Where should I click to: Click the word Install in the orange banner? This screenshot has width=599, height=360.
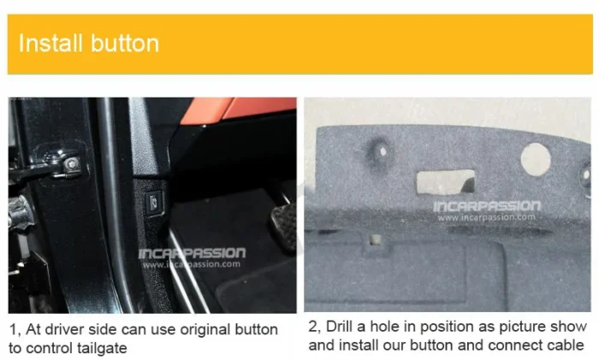tap(50, 43)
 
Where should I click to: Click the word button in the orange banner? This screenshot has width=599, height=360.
tap(125, 43)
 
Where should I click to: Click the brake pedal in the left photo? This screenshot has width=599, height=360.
tap(284, 225)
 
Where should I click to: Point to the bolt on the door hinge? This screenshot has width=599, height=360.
tap(71, 164)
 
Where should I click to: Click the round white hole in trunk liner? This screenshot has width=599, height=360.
tap(536, 159)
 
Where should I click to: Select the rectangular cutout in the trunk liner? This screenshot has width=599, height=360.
tap(446, 182)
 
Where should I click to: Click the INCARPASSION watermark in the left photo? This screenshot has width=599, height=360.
tap(192, 253)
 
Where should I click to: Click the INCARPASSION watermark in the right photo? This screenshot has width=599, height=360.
tap(487, 206)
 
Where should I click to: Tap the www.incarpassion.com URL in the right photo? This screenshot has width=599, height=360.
tap(487, 217)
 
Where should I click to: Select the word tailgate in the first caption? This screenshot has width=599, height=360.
tap(102, 348)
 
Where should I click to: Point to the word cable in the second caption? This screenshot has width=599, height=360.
tap(566, 345)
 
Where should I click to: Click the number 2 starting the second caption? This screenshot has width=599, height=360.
tap(313, 327)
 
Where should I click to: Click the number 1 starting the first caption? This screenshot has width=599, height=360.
tap(15, 330)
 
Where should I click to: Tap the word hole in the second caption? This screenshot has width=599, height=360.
tap(385, 327)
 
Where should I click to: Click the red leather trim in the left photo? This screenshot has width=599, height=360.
tap(238, 109)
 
